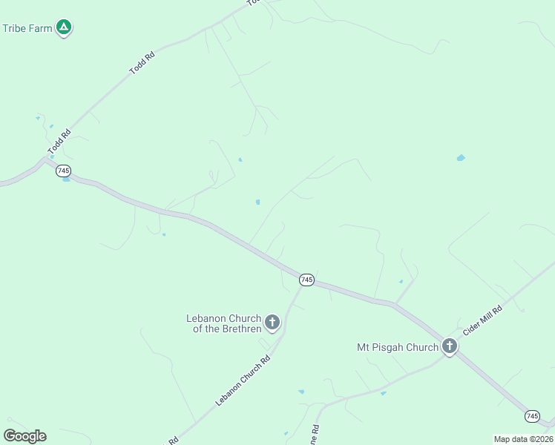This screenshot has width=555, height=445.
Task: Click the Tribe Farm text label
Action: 27,28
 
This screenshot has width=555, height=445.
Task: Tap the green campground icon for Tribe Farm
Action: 65,27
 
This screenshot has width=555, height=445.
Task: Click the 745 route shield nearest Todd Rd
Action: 63,170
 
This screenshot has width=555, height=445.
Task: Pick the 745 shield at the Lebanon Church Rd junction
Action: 306,280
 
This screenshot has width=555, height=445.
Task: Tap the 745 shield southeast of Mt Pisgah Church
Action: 532,416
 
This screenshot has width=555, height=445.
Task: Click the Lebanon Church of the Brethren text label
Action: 224,323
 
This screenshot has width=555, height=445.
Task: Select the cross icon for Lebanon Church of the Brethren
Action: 272,322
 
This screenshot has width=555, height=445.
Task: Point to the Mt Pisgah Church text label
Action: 398,346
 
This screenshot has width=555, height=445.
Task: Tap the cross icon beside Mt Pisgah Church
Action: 449,346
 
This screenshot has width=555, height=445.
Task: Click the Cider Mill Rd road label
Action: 482,320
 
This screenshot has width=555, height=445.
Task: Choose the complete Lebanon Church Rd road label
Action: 243,380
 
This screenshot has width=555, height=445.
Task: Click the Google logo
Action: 24,435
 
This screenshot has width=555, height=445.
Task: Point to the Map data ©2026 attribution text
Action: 523,438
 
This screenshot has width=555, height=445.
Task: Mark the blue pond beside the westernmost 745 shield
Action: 66,179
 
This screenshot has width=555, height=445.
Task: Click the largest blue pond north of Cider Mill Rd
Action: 461,158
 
